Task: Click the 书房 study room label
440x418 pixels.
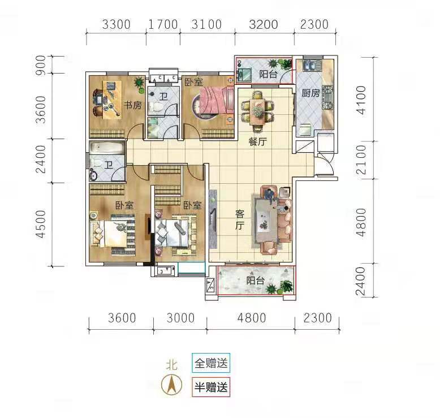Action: (x=133, y=105)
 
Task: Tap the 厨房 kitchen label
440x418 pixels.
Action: (x=310, y=93)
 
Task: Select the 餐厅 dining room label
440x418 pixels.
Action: (x=257, y=141)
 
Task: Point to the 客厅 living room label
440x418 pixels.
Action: (x=240, y=220)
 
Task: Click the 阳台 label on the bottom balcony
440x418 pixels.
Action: (x=256, y=281)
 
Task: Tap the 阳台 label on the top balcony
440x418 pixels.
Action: (x=268, y=74)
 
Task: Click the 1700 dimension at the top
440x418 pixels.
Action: (x=163, y=24)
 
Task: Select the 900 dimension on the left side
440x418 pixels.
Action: (x=41, y=65)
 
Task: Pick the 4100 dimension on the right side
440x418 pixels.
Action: (x=361, y=100)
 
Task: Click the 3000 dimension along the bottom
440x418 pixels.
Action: (x=180, y=318)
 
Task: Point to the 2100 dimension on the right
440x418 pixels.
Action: (x=361, y=160)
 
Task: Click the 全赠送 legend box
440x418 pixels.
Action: (x=211, y=363)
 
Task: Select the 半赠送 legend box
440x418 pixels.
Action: (x=211, y=387)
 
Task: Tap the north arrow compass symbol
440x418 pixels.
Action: (x=172, y=384)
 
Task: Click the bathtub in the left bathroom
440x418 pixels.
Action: (x=107, y=148)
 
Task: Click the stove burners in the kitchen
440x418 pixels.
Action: (x=327, y=98)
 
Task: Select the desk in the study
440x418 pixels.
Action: (x=112, y=100)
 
